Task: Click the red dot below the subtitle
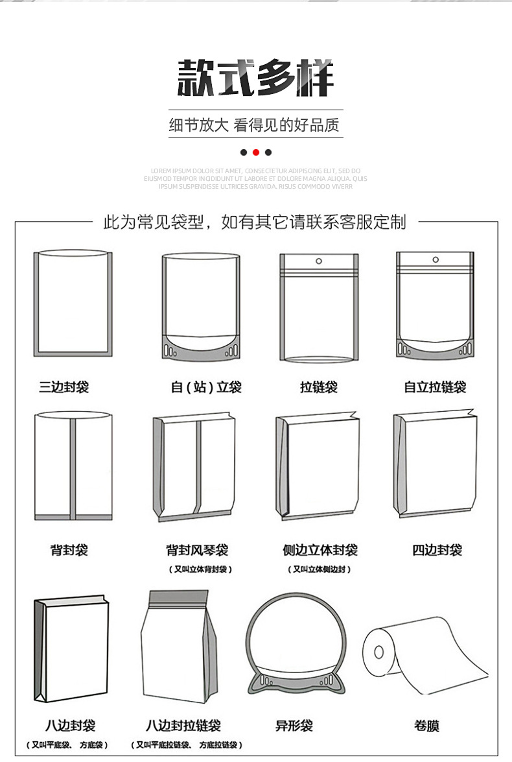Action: point(256,152)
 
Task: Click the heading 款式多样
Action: point(256,78)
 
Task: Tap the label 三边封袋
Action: point(64,387)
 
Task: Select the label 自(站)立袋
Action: point(206,387)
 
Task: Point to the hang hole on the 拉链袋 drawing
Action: point(318,261)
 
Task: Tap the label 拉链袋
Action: point(318,387)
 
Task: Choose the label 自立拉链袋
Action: point(435,387)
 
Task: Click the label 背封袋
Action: point(69,550)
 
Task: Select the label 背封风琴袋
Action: point(197,550)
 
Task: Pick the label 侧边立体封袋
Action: point(320,550)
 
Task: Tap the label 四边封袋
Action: point(437,550)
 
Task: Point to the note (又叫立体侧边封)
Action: point(320,569)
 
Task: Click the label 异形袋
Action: point(294,725)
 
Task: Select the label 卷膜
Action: point(426,725)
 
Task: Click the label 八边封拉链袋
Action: point(183,725)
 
